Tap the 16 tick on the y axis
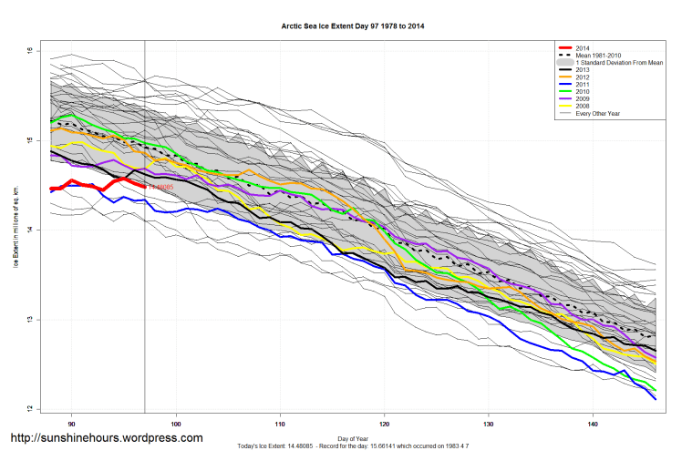(29, 51)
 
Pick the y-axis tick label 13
(29, 320)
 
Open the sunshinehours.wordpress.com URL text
(106, 438)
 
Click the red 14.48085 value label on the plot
(160, 188)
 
